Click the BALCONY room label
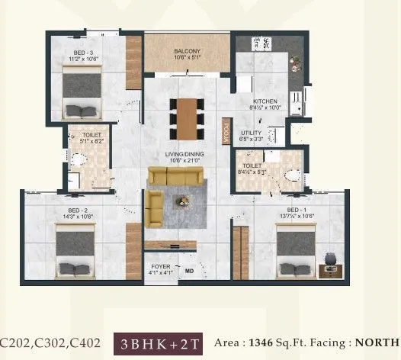coord(186,51)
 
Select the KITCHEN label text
coord(265,101)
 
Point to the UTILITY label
coord(251,133)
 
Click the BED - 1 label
coord(297,209)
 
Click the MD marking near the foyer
coord(188,270)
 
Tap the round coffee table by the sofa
coord(184,202)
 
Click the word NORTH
coord(378,342)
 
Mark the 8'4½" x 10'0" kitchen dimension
coord(266,108)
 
